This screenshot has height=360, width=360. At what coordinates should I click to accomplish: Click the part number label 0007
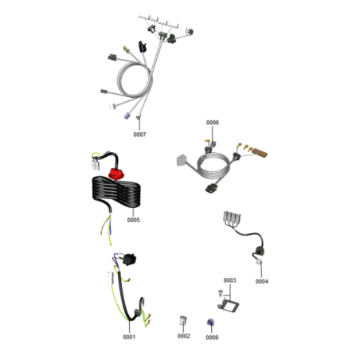139,135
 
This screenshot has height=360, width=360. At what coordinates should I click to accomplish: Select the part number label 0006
213,123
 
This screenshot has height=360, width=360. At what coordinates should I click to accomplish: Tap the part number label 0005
134,220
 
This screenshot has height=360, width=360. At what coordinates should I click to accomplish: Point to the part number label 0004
262,281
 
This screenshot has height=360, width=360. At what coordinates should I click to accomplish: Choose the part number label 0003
229,280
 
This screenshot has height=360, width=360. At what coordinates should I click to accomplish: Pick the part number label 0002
184,336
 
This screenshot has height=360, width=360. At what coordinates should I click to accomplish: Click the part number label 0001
129,337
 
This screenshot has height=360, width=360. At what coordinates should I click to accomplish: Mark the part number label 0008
212,337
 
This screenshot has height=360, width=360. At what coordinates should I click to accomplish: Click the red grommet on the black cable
116,174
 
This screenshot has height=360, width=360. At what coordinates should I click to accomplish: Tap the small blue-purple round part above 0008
211,323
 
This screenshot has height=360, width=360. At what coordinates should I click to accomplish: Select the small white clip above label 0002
183,320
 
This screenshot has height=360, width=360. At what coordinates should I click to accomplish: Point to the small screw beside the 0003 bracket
220,293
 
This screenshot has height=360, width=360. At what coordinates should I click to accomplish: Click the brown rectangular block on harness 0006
260,152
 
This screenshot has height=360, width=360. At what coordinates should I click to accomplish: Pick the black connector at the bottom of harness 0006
212,189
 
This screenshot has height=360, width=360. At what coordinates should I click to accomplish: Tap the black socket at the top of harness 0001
129,259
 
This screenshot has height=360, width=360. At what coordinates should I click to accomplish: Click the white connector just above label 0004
259,262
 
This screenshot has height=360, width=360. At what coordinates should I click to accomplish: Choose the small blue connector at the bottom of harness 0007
127,115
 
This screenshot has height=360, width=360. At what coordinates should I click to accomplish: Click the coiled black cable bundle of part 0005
116,192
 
